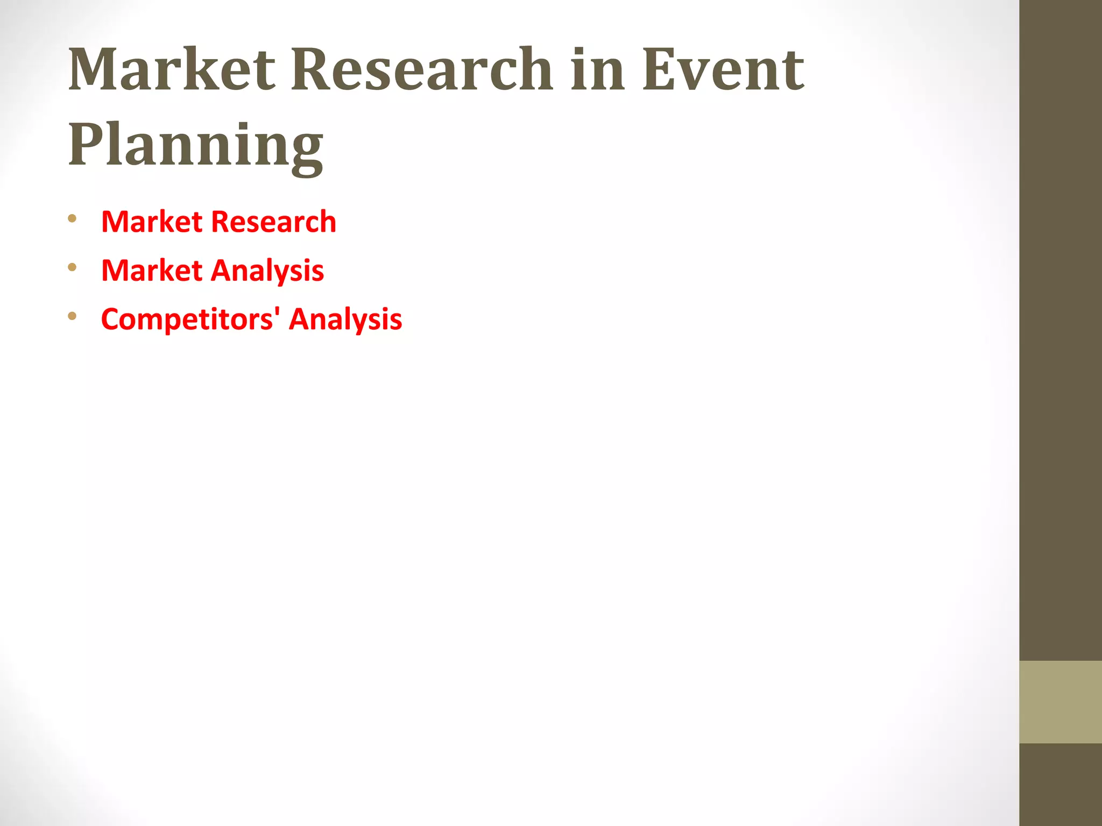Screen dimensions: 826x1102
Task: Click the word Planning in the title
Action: point(196,145)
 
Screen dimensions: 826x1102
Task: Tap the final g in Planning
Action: point(307,153)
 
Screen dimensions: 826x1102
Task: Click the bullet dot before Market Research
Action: point(72,218)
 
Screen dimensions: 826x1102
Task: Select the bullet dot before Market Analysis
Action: point(72,267)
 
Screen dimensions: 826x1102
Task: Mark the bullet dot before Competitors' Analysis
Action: point(72,316)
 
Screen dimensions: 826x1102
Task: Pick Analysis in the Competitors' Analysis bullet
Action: point(345,319)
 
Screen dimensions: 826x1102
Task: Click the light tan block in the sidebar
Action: point(1061,702)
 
